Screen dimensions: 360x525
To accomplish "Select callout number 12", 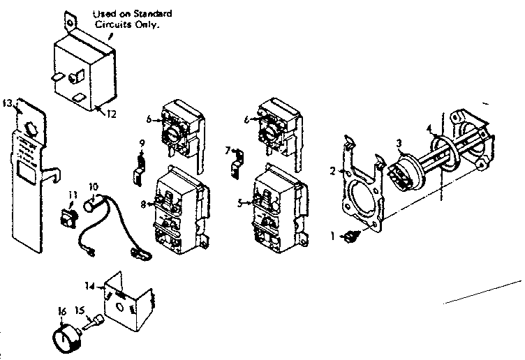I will click(x=109, y=114).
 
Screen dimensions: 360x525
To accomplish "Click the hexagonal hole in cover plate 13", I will click(x=31, y=128).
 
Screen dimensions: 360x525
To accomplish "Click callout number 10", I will click(x=94, y=186).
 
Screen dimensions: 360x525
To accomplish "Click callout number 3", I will click(x=399, y=142).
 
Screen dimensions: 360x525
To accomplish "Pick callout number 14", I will click(x=89, y=285).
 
